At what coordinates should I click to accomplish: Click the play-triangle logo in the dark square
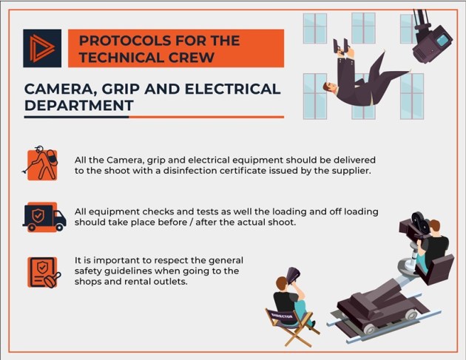pos(42,48)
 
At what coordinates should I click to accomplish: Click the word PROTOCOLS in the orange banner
pos(125,41)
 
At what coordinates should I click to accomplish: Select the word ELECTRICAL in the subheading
pos(233,89)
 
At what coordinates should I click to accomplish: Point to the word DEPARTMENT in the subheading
pos(79,106)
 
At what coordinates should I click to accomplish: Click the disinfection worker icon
pos(41,163)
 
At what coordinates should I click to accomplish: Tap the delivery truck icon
pos(44,217)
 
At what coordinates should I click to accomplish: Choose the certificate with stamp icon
pos(44,272)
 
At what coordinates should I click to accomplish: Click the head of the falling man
pos(330,86)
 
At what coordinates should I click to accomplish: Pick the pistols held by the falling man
pos(341,47)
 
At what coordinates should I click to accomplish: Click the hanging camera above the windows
pos(431,38)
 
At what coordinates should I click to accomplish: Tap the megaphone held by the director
pos(293,275)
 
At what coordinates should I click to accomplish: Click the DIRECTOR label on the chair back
pos(282,316)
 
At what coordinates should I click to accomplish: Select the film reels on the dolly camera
pos(420,223)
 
